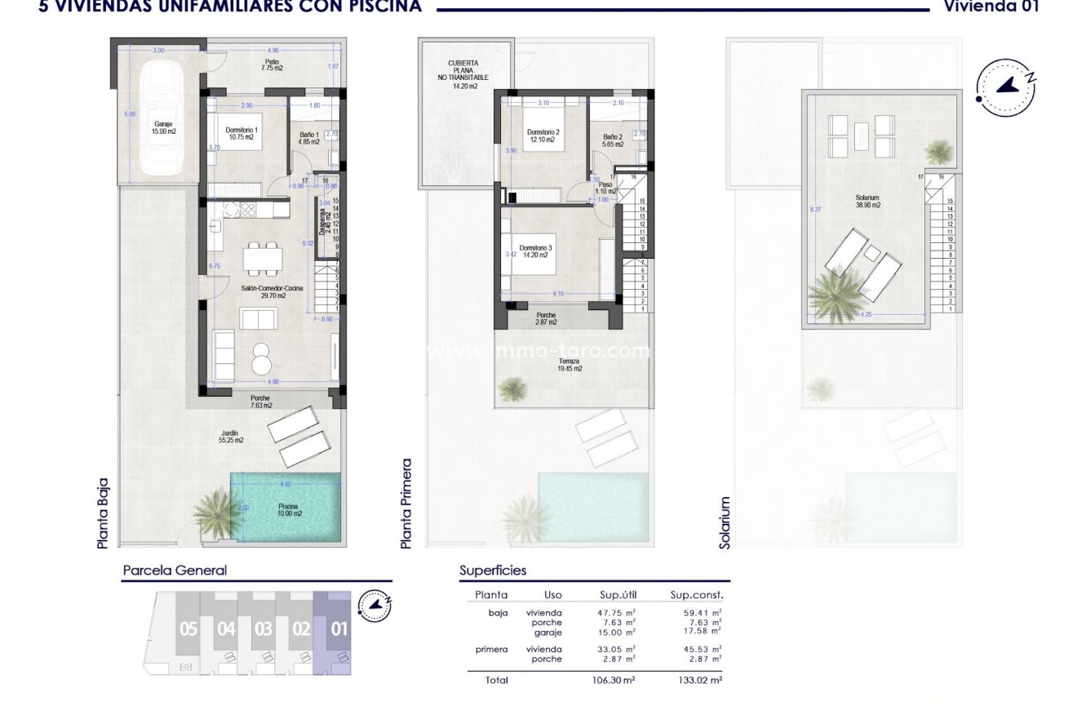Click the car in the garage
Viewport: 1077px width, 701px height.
coord(161,120)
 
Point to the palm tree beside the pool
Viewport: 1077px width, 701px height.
coord(215,512)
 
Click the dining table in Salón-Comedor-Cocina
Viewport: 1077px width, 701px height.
coord(263,260)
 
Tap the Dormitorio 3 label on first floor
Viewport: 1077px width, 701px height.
coord(536,252)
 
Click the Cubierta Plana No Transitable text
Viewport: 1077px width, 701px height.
coord(463,74)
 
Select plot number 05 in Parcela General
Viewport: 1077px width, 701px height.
coord(188,629)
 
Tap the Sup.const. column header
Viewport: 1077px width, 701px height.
coord(696,595)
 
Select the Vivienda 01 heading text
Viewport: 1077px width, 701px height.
coord(1003,7)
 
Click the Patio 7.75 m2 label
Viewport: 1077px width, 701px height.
coord(271,66)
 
